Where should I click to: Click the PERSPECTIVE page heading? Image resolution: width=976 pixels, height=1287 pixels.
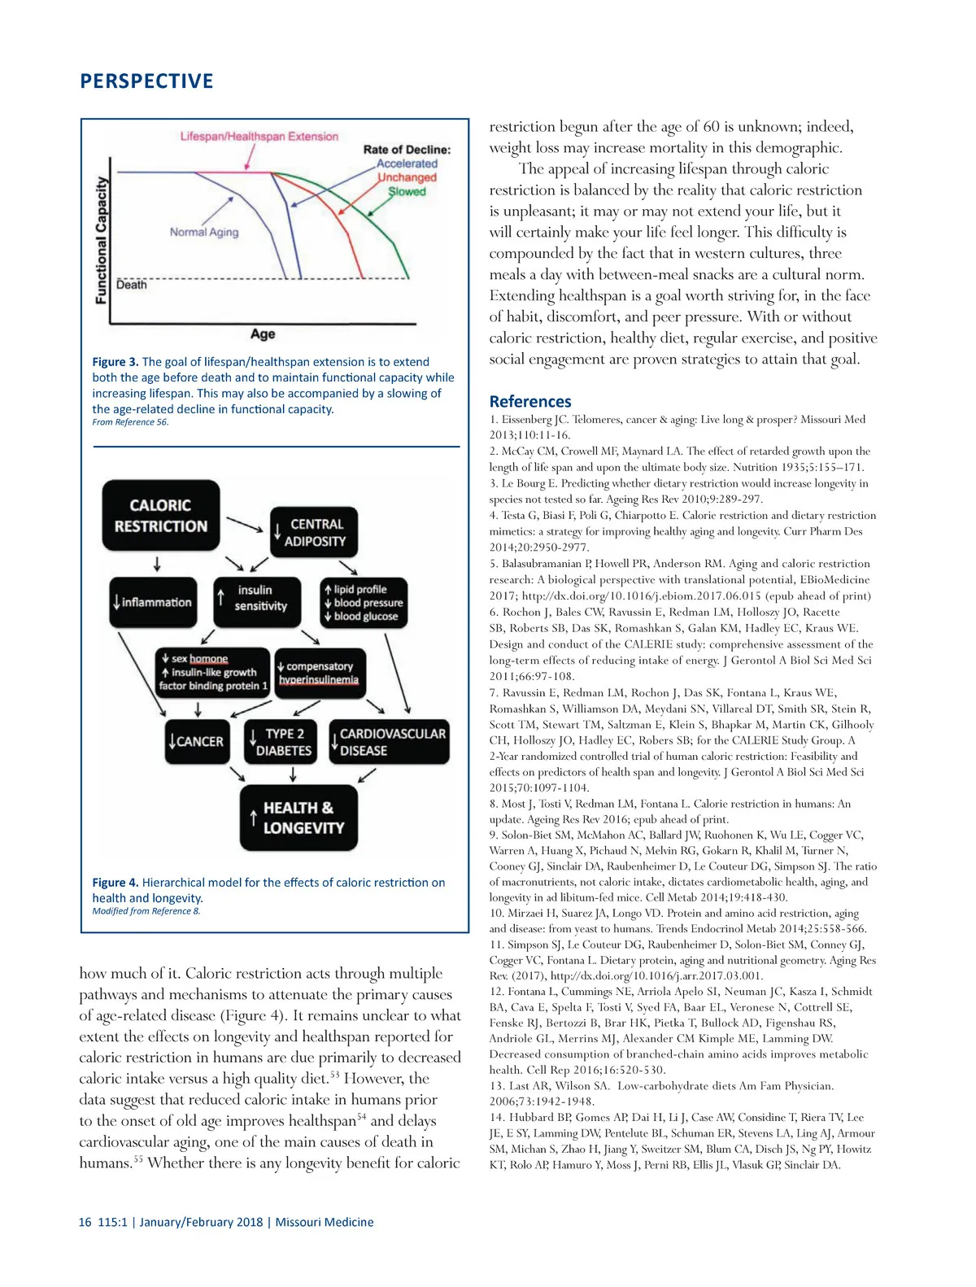[146, 81]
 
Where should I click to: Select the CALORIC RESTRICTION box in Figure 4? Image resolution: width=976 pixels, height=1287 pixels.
[160, 516]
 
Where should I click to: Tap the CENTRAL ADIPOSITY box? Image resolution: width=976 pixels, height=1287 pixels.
[313, 533]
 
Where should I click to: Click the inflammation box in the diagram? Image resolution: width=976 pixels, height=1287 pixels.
[153, 602]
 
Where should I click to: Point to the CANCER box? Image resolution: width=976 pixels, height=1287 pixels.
[196, 741]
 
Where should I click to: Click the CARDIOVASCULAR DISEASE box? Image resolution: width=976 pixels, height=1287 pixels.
[389, 742]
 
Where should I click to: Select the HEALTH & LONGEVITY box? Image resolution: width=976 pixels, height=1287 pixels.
[298, 818]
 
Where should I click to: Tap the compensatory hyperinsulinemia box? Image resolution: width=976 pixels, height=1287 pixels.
[319, 673]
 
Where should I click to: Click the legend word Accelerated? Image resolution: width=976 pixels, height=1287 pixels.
[407, 164]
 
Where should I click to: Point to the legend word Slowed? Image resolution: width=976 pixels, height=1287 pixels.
[407, 192]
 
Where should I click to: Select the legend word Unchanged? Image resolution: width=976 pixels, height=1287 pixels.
[407, 177]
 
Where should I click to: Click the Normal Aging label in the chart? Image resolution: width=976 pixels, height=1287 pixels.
[204, 232]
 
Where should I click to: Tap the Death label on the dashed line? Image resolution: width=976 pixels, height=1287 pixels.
[132, 285]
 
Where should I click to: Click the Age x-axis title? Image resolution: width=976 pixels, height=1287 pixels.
[263, 334]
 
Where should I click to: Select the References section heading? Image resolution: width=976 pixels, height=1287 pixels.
[530, 401]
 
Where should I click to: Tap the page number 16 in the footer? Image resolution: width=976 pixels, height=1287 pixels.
[85, 1222]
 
